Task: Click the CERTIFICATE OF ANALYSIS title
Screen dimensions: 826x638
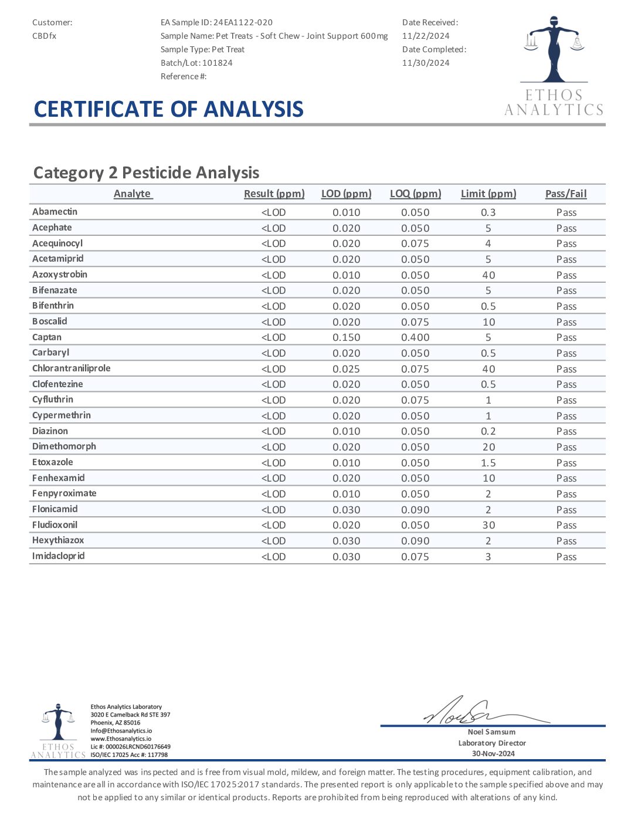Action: (169, 110)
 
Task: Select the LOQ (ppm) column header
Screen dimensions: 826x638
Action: (415, 194)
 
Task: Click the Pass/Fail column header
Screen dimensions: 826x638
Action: (566, 194)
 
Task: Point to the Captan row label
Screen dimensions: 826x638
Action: (47, 337)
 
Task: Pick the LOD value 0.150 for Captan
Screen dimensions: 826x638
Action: (347, 338)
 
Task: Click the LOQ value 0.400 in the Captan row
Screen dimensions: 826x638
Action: (415, 338)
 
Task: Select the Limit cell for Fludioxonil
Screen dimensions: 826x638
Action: (488, 526)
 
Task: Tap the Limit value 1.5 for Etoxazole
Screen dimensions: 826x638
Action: (488, 463)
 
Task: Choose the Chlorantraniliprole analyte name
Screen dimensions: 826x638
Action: (72, 368)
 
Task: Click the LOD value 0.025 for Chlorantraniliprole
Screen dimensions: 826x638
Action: (347, 369)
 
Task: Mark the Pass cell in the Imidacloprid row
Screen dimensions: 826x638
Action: (566, 557)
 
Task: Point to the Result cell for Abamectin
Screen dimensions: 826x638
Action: (274, 212)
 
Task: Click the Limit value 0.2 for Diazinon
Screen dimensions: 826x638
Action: (488, 432)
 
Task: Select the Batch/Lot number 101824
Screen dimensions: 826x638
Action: (218, 63)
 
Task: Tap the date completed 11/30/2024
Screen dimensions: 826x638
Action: (426, 63)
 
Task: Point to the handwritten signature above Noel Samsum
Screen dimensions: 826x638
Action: (469, 712)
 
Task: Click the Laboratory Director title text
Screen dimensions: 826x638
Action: (492, 743)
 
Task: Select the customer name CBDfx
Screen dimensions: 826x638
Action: (45, 36)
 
